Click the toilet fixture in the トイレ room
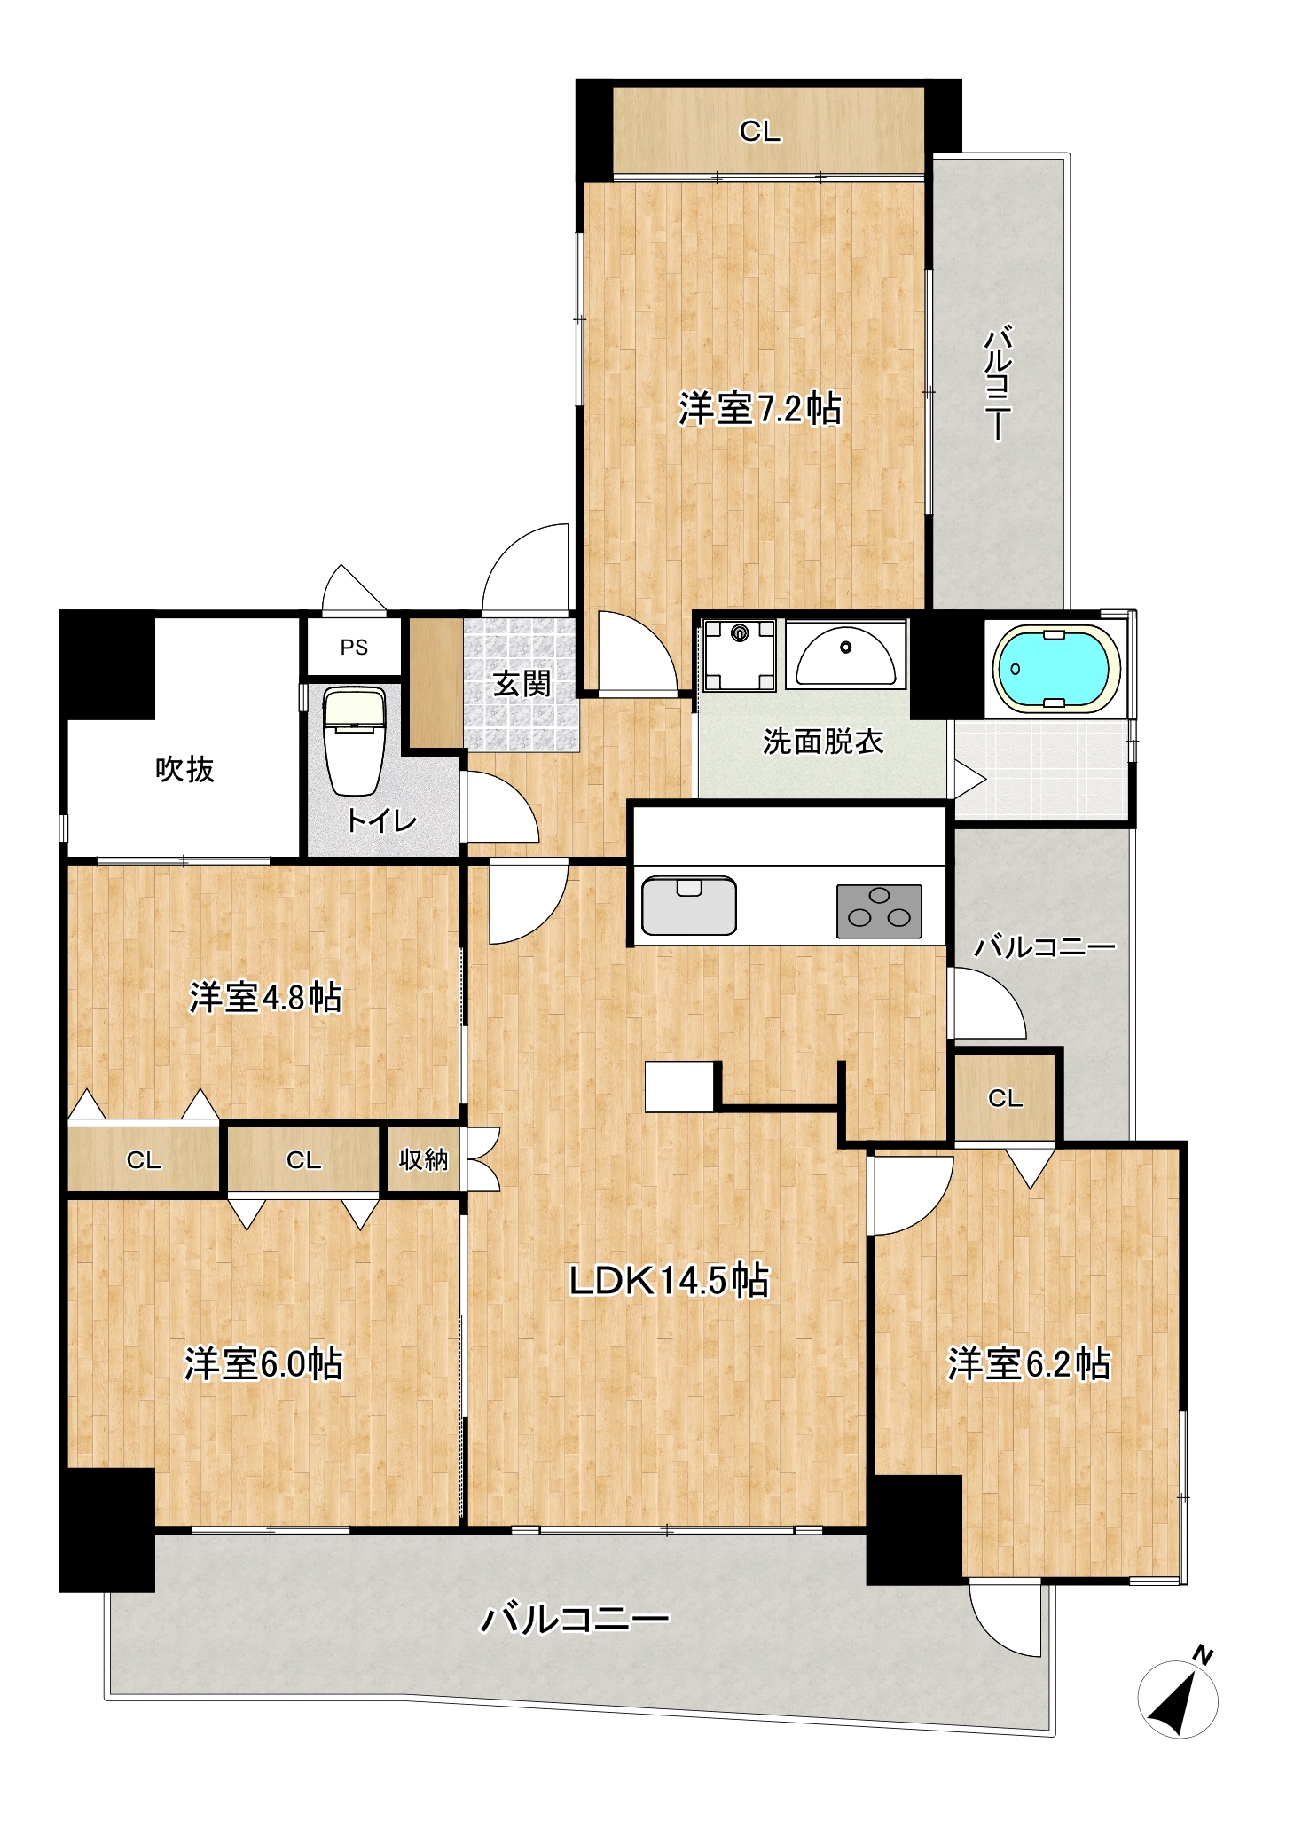354,741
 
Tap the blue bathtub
1055,669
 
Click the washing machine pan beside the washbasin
739,656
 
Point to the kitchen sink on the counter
689,906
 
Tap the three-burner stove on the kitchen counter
879,911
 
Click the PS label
354,648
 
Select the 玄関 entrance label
522,684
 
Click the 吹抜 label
184,769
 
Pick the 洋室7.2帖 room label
760,408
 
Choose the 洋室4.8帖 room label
265,998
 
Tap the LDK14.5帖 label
669,1281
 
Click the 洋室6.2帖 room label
1029,1363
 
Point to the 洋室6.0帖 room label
263,1363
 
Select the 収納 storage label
423,1159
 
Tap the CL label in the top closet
760,132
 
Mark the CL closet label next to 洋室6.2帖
1006,1099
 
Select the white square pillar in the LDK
679,1087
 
